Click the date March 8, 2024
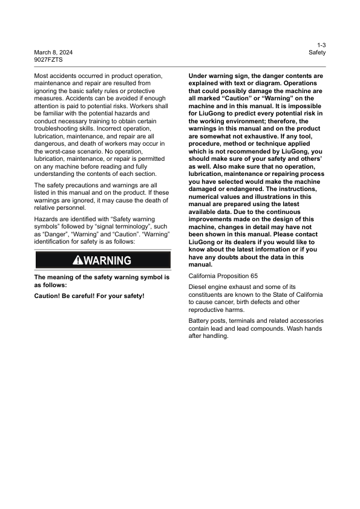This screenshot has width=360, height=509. click(53, 53)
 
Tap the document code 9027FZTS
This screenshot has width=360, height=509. click(48, 60)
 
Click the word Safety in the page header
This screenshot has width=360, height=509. click(317, 53)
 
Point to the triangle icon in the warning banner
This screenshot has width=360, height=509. click(79, 261)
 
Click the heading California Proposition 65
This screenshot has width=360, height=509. click(223, 276)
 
